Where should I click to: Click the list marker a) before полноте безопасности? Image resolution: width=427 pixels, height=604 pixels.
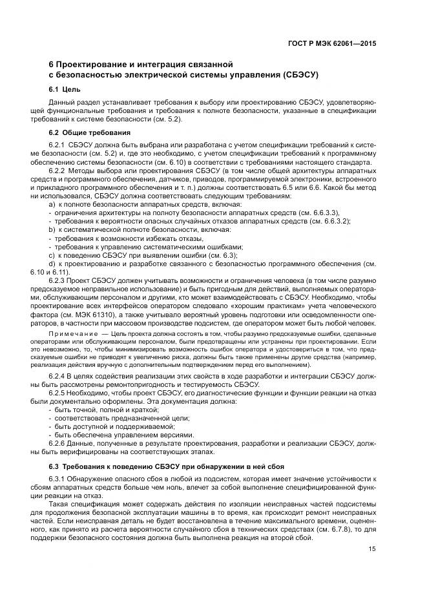52,204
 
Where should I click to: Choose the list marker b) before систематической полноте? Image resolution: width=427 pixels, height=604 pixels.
52,229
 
